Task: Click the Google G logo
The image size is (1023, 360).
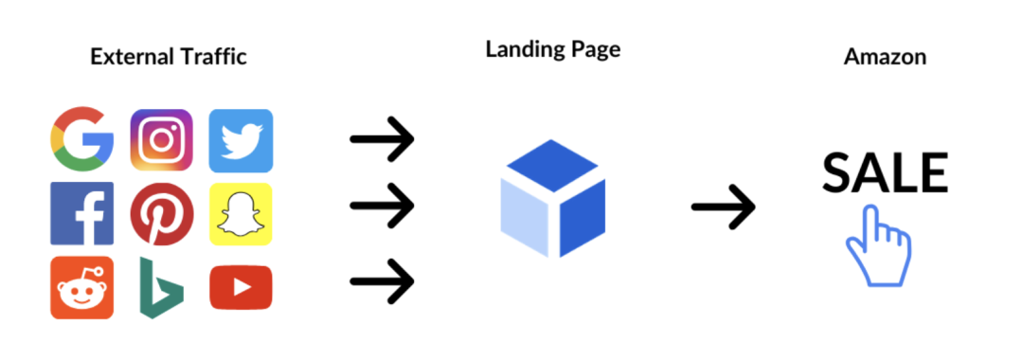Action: [x=82, y=139]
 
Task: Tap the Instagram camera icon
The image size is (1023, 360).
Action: [x=162, y=140]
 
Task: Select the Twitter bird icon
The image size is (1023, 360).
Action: [x=241, y=141]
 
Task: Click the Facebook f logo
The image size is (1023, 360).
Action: [x=82, y=213]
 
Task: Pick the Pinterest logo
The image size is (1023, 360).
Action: [x=162, y=214]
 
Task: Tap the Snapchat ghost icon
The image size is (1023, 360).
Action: [x=241, y=214]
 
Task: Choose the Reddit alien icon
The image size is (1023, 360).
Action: [x=82, y=288]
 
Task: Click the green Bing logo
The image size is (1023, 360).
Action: [x=161, y=288]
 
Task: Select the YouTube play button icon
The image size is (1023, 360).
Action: [x=241, y=288]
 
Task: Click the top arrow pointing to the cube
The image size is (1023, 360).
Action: [x=383, y=139]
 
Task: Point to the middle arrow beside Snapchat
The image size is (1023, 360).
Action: [x=383, y=206]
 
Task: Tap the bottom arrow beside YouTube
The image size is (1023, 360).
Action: [x=383, y=281]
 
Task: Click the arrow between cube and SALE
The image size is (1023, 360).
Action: [x=724, y=207]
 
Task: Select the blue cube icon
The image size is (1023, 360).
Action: [x=552, y=198]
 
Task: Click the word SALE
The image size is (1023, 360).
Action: [x=885, y=172]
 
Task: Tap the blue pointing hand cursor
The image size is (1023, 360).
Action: [x=877, y=246]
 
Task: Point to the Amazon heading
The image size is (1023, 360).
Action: [x=885, y=57]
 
